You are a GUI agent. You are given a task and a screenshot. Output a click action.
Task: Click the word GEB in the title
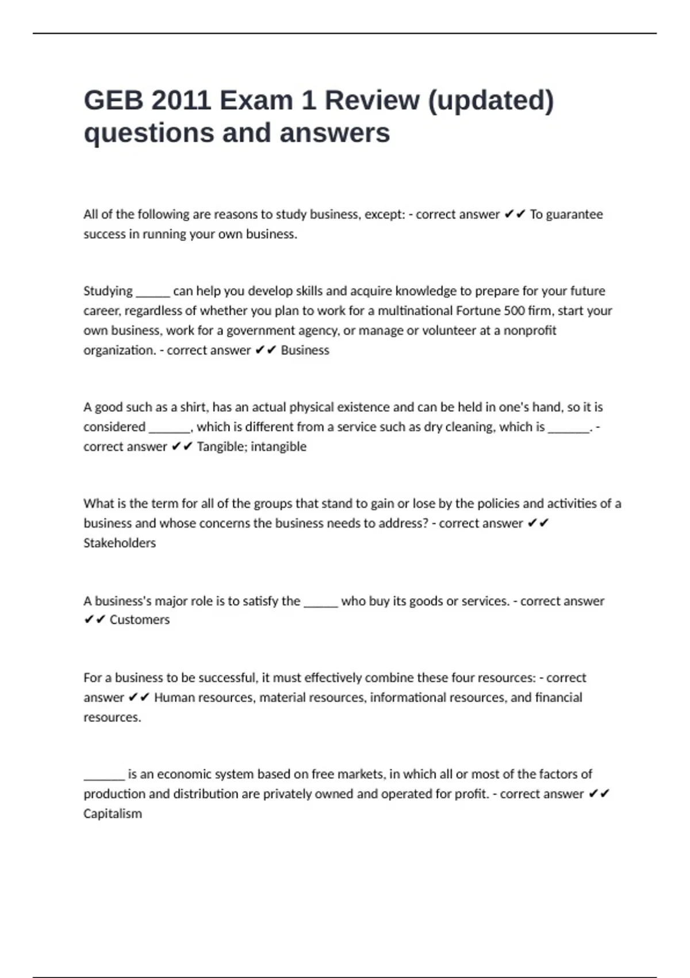(x=113, y=101)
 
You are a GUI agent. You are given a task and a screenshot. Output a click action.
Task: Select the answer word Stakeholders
(x=120, y=543)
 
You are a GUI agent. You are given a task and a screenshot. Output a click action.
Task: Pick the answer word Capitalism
(x=113, y=814)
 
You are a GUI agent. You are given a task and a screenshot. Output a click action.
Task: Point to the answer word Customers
(x=140, y=620)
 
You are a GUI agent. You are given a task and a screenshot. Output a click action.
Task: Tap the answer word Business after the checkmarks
(x=305, y=350)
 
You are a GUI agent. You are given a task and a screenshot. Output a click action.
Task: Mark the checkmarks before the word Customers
(x=94, y=620)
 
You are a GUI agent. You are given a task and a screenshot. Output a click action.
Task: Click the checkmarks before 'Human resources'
(x=139, y=698)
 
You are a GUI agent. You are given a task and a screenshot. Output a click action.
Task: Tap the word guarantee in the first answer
(x=574, y=215)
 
